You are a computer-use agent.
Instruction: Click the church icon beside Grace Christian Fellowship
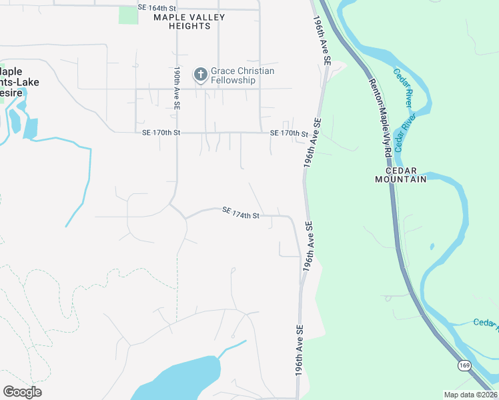point(199,75)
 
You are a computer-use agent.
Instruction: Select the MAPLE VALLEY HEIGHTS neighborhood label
point(181,21)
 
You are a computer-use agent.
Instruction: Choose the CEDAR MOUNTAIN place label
point(400,175)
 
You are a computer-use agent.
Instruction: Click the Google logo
point(22,392)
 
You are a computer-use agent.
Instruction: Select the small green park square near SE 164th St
point(128,15)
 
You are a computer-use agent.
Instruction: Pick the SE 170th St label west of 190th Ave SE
point(161,133)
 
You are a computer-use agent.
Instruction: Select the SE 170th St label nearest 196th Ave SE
point(290,133)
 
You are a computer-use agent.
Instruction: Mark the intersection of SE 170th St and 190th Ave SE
point(177,133)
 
